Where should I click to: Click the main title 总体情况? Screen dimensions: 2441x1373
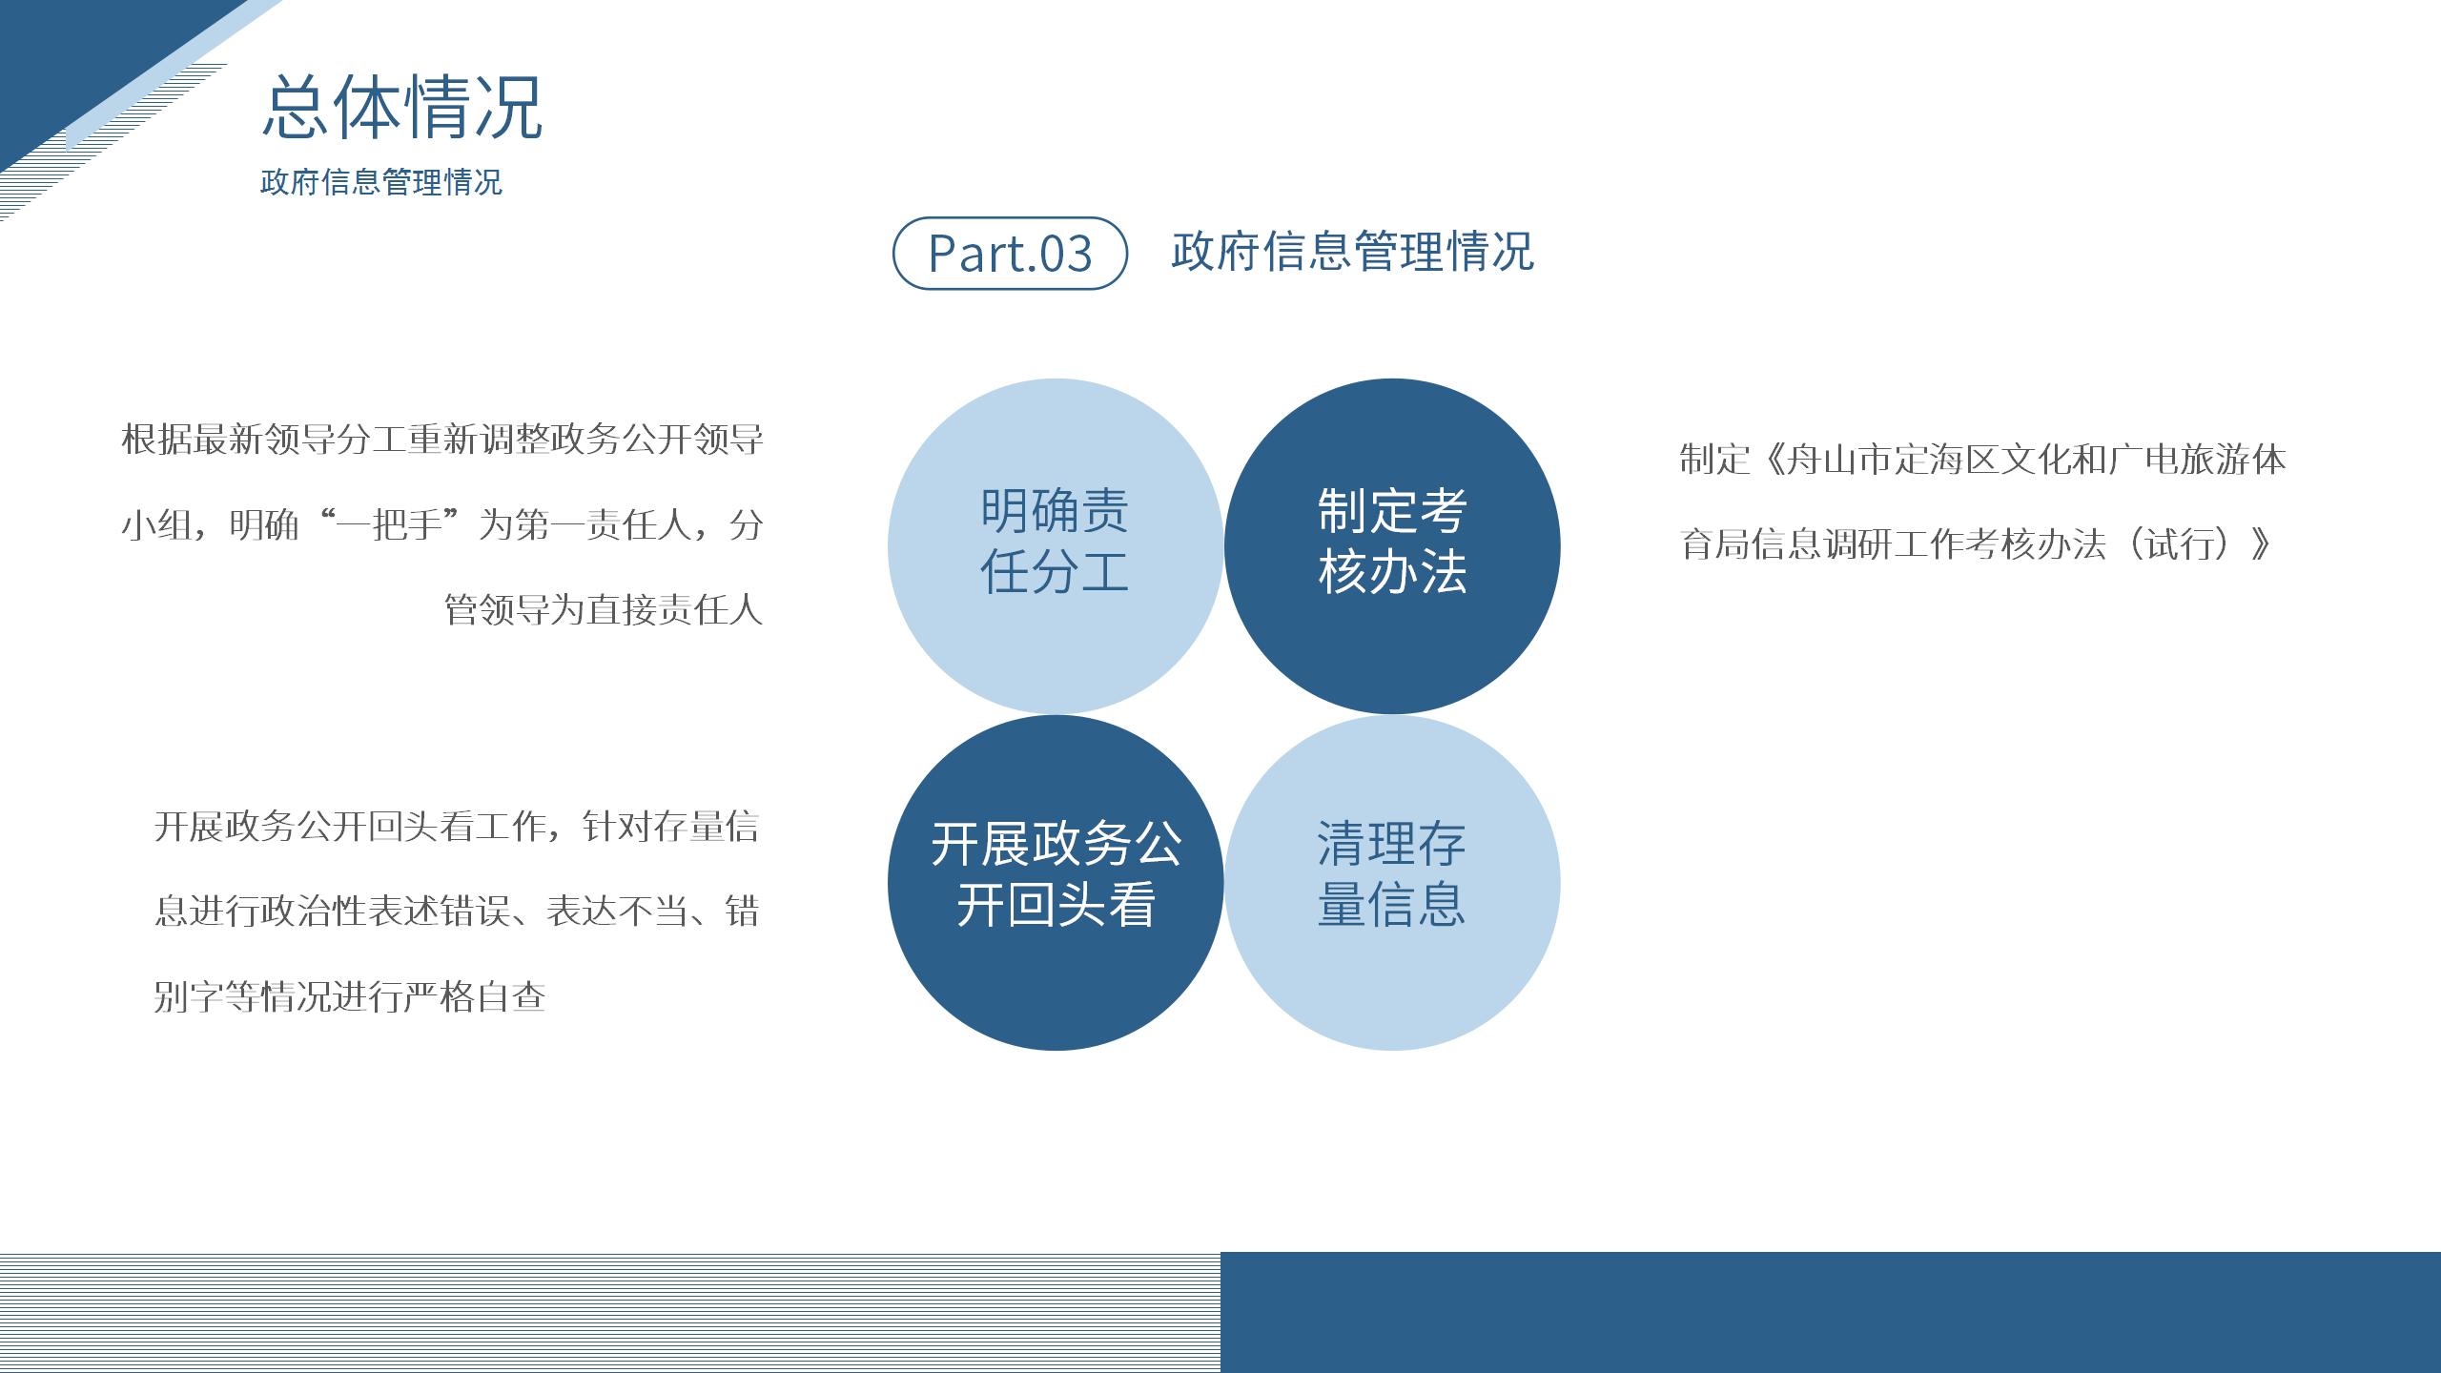click(402, 107)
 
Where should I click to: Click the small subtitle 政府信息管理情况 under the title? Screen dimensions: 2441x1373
click(381, 182)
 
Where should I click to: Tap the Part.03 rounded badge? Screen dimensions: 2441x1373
click(1010, 253)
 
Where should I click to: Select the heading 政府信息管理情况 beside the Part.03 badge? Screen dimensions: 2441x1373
click(1352, 252)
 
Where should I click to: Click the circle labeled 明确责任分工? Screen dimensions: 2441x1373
click(1055, 545)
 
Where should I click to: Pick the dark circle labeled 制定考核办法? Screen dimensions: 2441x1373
click(1392, 545)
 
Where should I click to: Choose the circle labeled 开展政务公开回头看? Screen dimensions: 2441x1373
click(1055, 883)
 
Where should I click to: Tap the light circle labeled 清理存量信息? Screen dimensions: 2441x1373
click(1392, 883)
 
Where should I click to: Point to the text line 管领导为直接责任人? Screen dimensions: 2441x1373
click(604, 609)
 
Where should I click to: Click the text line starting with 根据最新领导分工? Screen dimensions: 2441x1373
click(442, 440)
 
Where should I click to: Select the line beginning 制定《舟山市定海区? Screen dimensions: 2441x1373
click(1982, 460)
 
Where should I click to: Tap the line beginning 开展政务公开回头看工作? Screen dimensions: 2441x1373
click(456, 826)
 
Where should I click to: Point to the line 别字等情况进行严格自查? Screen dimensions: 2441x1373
click(349, 996)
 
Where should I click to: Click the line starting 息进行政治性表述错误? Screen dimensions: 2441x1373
click(456, 912)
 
